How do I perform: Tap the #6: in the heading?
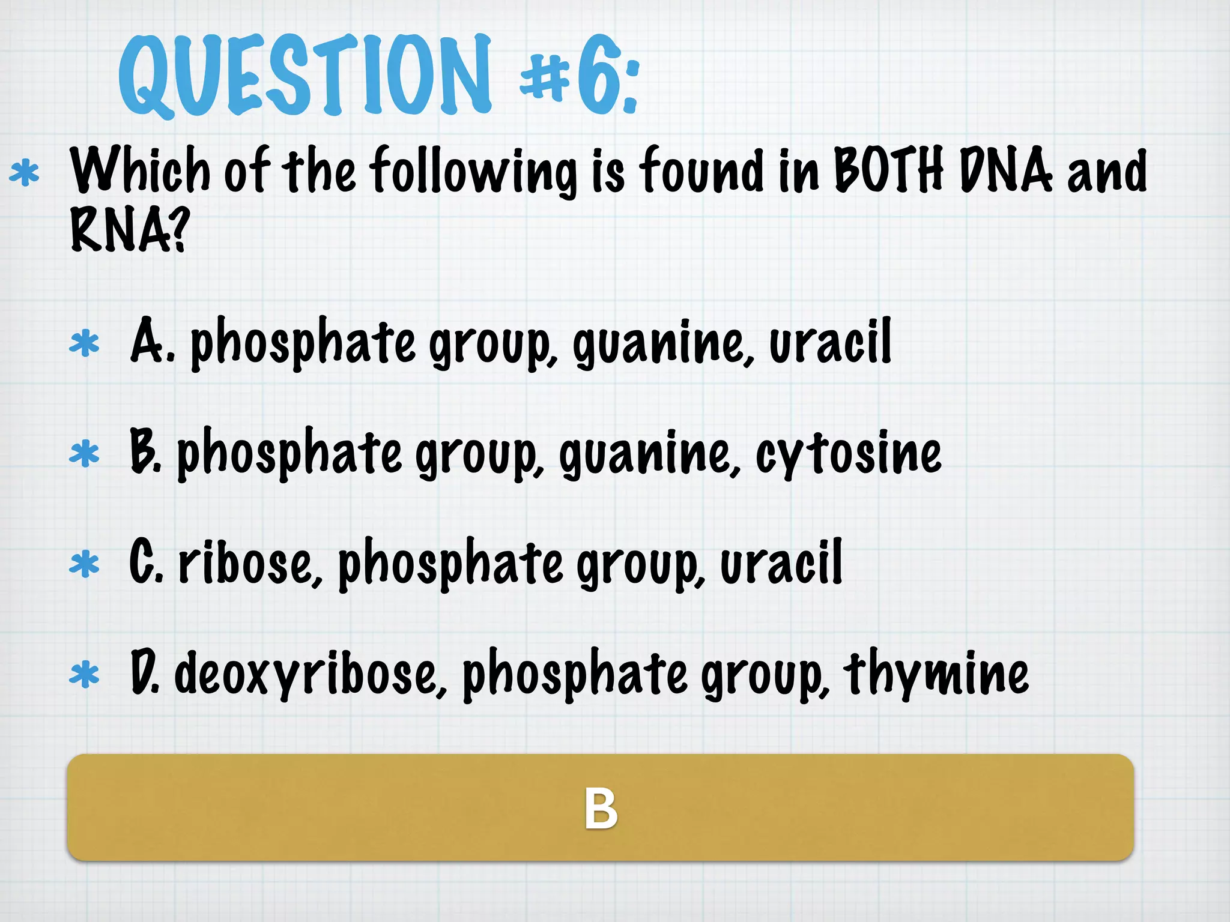click(x=579, y=77)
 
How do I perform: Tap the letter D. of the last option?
click(x=145, y=672)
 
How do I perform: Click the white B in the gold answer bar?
click(x=601, y=809)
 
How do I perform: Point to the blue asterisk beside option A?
click(x=84, y=344)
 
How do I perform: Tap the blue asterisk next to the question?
click(x=25, y=173)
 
